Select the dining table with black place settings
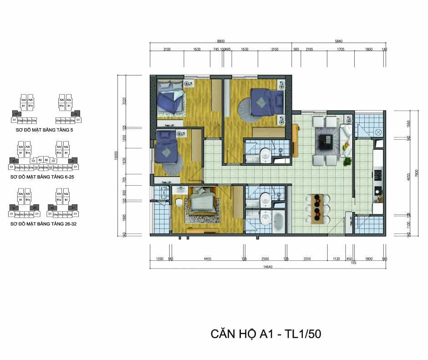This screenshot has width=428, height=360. point(318,208)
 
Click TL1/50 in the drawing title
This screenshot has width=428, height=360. point(298,334)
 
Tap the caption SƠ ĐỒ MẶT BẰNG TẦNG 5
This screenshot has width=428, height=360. point(43,129)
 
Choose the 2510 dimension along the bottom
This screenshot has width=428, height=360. point(307,259)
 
